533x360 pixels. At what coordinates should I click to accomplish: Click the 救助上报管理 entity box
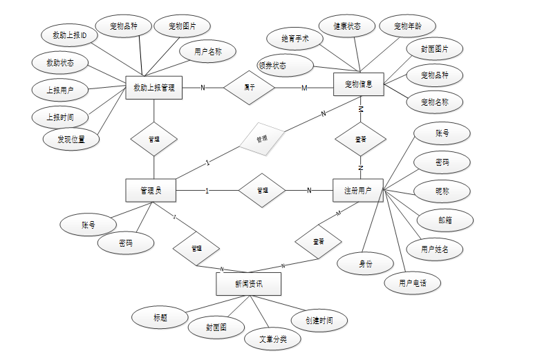click(x=153, y=87)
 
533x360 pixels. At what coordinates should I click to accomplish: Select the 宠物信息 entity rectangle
click(x=358, y=84)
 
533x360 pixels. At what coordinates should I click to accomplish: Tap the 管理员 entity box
click(x=150, y=190)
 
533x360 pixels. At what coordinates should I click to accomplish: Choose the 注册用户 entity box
click(x=358, y=190)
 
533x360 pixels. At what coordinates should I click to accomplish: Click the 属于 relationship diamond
click(x=249, y=87)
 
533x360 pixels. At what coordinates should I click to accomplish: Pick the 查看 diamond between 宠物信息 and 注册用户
click(x=360, y=139)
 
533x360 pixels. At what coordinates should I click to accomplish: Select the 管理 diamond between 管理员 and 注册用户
click(x=262, y=190)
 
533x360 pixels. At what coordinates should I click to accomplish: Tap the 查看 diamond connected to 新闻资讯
click(x=318, y=242)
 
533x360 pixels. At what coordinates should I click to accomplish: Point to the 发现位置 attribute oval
click(x=70, y=139)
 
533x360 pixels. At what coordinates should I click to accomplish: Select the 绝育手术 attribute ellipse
click(x=295, y=39)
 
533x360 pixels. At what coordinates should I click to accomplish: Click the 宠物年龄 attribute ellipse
click(x=407, y=26)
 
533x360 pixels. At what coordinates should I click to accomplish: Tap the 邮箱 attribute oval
click(x=445, y=220)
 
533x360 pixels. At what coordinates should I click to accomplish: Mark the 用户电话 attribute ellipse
click(x=412, y=283)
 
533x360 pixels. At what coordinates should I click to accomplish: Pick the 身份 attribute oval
click(x=364, y=263)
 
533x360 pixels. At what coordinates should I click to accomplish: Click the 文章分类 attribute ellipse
click(x=272, y=339)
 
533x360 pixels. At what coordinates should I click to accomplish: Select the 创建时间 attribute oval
click(x=318, y=321)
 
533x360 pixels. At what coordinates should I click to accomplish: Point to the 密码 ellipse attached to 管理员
click(x=125, y=243)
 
